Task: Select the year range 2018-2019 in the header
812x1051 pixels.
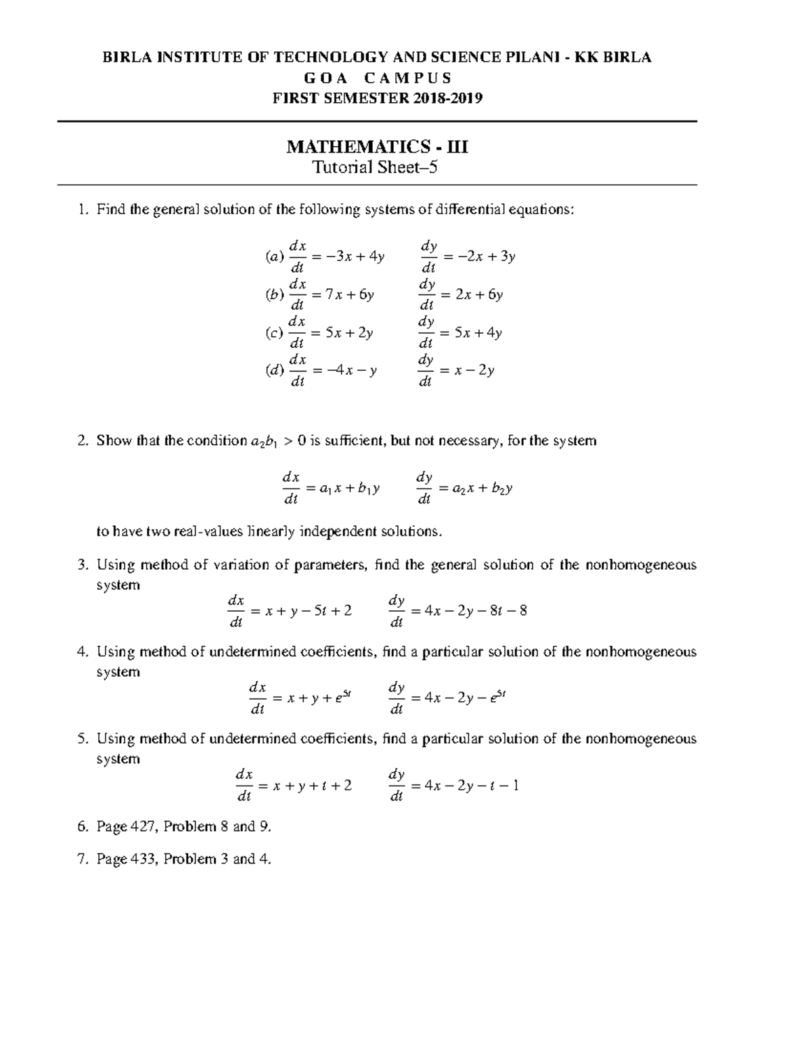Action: point(445,98)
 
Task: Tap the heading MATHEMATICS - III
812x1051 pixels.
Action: point(377,146)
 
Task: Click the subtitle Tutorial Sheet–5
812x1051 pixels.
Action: point(374,167)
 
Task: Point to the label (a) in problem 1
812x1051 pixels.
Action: point(274,256)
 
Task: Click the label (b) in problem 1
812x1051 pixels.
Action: point(274,295)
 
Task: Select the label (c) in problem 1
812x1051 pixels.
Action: point(274,333)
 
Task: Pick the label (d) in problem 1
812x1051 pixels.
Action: point(274,371)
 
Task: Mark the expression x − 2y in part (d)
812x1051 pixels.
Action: point(476,371)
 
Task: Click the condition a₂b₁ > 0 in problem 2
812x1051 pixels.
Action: point(279,442)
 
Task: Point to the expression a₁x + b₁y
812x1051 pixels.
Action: point(350,488)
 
